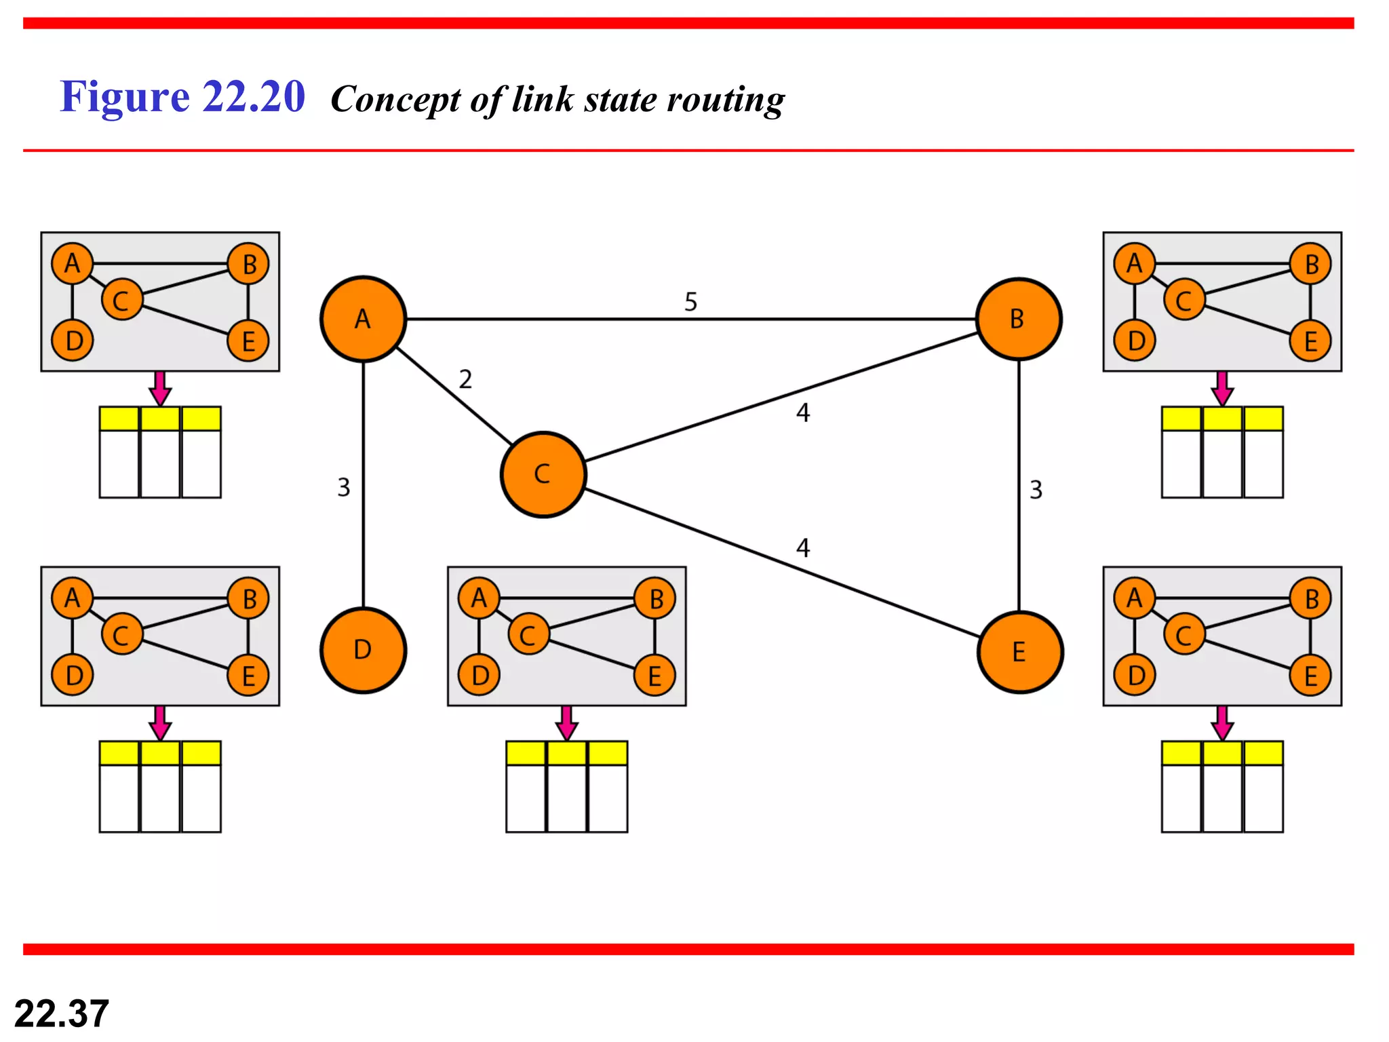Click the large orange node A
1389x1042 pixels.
tap(363, 319)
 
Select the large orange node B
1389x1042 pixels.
tap(1019, 319)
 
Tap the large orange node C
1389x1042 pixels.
tap(543, 474)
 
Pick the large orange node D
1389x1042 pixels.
tap(363, 650)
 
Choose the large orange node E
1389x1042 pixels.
tap(1019, 652)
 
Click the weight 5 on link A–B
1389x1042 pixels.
tap(690, 302)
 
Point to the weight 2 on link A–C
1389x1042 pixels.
tap(465, 379)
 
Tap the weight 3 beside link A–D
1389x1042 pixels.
tap(344, 487)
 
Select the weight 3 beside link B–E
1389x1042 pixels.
tap(1036, 490)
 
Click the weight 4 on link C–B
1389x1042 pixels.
tap(803, 412)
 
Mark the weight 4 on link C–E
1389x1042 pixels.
tap(803, 547)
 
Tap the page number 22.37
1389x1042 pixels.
tap(62, 1014)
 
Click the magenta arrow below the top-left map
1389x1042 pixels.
tap(160, 388)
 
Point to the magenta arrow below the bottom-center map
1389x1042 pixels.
tap(566, 723)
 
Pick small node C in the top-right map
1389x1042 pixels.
tap(1183, 300)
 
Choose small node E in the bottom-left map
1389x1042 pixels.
tap(248, 676)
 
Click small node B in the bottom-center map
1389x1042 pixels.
tap(655, 599)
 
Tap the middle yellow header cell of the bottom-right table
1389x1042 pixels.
tap(1222, 753)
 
